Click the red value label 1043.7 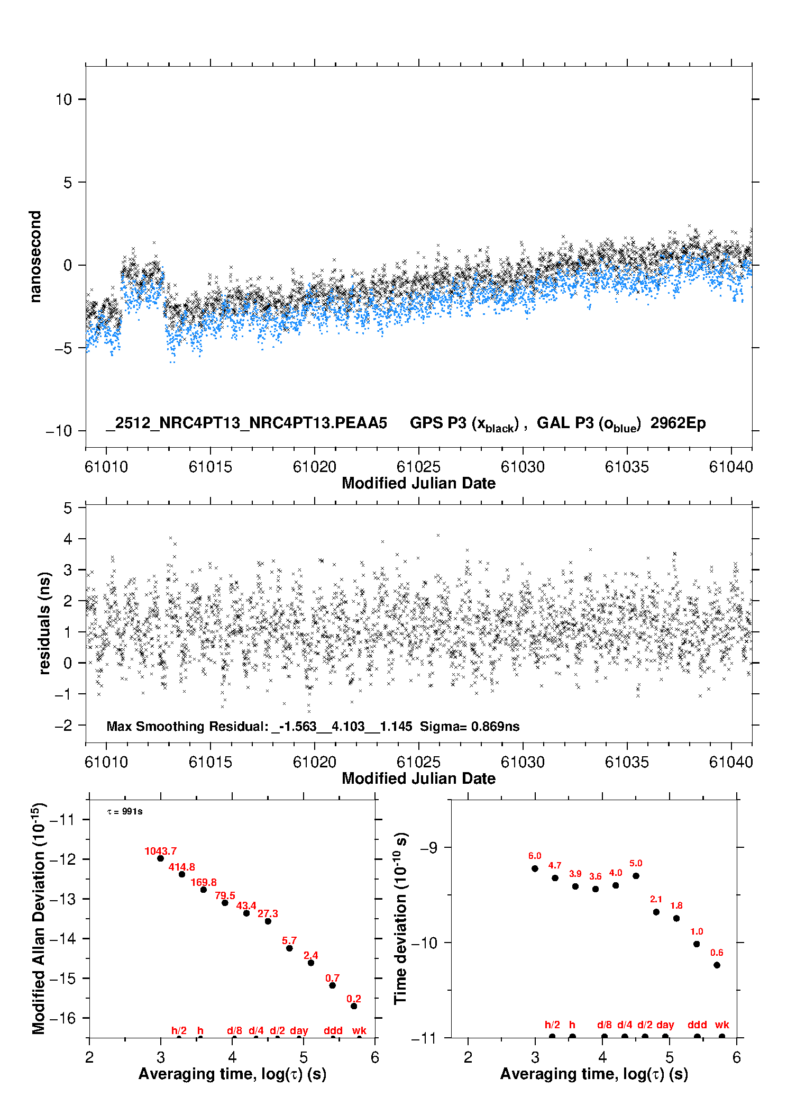point(160,851)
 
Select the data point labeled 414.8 point(182,874)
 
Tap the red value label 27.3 point(268,913)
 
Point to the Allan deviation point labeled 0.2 point(354,1006)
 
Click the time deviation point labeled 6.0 point(535,868)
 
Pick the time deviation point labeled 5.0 point(636,876)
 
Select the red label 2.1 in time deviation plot point(656,899)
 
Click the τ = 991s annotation point(125,812)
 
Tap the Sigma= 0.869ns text point(470,726)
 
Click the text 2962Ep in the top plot point(678,423)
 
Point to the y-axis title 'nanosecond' point(35,257)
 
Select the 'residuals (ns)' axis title point(44,623)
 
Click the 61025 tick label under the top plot point(418,467)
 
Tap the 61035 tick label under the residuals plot point(627,762)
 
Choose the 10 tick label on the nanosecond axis point(64,99)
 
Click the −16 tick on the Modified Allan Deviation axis point(62,1018)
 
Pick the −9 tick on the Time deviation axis point(428,848)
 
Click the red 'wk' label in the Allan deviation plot point(359,1030)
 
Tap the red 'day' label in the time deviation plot point(665,1025)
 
